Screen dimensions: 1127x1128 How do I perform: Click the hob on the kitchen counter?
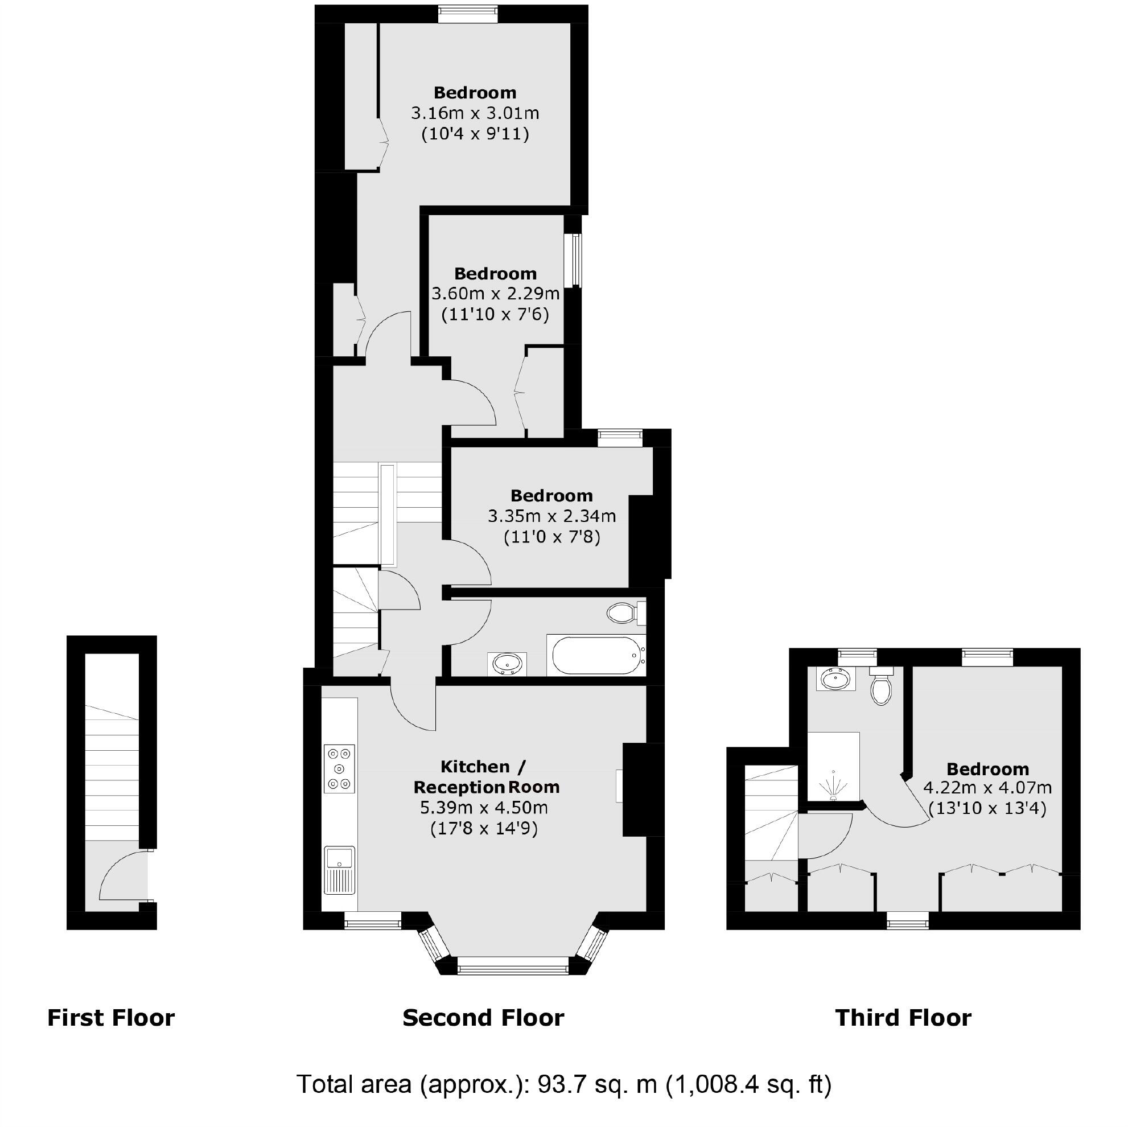click(x=339, y=768)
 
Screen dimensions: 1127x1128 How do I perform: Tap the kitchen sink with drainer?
click(x=339, y=870)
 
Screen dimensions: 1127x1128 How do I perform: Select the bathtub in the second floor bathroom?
click(x=595, y=655)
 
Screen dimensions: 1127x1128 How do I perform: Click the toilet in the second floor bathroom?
click(x=625, y=613)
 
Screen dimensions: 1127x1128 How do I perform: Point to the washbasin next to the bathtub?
click(x=507, y=664)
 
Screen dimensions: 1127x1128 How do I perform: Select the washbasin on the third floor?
click(x=835, y=679)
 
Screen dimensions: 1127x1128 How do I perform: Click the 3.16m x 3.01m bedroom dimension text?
click(x=475, y=113)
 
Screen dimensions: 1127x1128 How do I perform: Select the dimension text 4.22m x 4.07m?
click(x=987, y=788)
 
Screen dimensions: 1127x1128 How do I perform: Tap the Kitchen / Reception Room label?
click(x=486, y=776)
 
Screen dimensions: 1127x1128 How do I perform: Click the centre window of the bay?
click(x=513, y=969)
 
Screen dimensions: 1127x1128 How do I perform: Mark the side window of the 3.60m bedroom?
click(x=577, y=260)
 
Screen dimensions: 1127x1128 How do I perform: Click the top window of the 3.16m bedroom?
click(x=468, y=14)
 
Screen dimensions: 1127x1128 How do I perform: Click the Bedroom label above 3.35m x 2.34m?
click(x=551, y=496)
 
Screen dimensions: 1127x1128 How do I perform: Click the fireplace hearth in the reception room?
click(x=619, y=786)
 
